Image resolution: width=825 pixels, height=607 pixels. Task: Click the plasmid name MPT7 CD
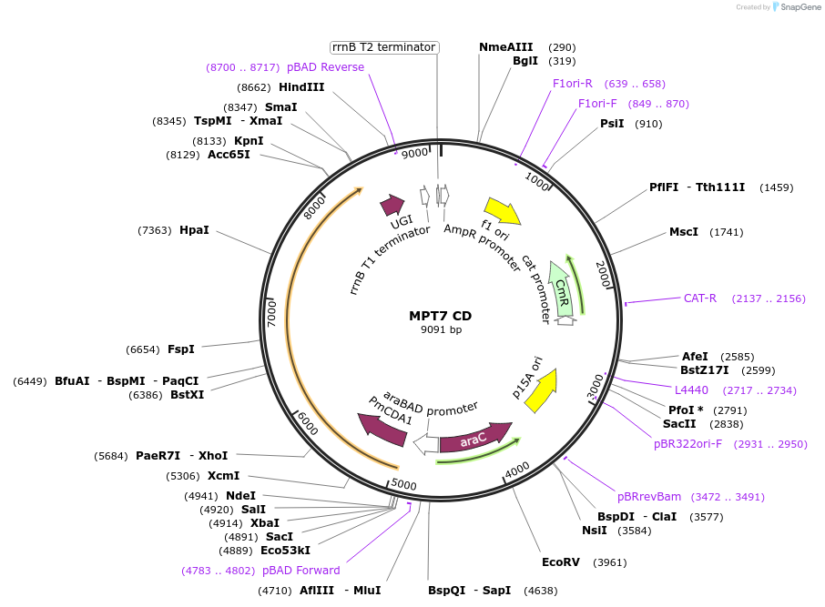tap(441, 316)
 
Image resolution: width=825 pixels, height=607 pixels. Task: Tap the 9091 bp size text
tap(441, 329)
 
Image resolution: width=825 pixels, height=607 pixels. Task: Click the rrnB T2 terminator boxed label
tap(384, 47)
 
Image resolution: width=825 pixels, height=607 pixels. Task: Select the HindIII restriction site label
tap(301, 86)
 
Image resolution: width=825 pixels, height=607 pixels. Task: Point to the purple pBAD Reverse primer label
tap(325, 67)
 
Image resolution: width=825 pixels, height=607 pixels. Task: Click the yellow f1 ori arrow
tap(503, 210)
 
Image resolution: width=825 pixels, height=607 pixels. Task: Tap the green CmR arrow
tap(562, 289)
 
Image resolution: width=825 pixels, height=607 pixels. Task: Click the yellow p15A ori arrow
tap(542, 390)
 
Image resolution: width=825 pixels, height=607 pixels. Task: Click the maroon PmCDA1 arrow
tap(382, 430)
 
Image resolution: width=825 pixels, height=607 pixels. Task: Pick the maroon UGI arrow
tap(392, 205)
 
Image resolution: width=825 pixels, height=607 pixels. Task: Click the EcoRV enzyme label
tap(561, 562)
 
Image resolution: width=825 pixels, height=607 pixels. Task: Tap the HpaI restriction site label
tap(194, 230)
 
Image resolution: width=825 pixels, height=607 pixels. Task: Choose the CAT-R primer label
tap(699, 298)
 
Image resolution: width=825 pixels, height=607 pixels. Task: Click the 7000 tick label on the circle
tap(271, 314)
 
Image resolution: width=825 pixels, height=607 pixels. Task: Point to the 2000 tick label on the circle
tap(604, 274)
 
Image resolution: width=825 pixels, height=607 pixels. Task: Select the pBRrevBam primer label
tap(648, 497)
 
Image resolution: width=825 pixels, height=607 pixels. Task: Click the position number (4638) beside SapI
tap(540, 591)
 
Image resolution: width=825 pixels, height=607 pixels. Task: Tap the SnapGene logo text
tap(800, 7)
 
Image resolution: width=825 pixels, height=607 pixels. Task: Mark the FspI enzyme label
tap(181, 349)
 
